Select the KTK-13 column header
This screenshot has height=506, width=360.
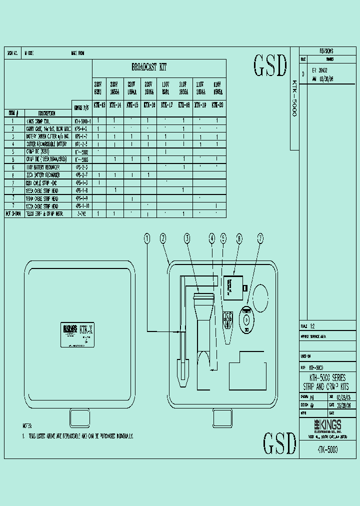99,105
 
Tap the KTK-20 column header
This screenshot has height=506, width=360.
217,105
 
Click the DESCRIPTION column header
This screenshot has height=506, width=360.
47,113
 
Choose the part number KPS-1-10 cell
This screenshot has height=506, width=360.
82,205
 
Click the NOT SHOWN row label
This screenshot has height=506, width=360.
14,213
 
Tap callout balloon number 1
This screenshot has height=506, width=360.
147,239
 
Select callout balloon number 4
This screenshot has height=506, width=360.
212,239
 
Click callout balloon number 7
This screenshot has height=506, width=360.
260,239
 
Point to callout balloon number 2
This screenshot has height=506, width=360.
163,239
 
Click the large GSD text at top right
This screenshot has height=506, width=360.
270,66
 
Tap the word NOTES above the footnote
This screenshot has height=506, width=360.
27,426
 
